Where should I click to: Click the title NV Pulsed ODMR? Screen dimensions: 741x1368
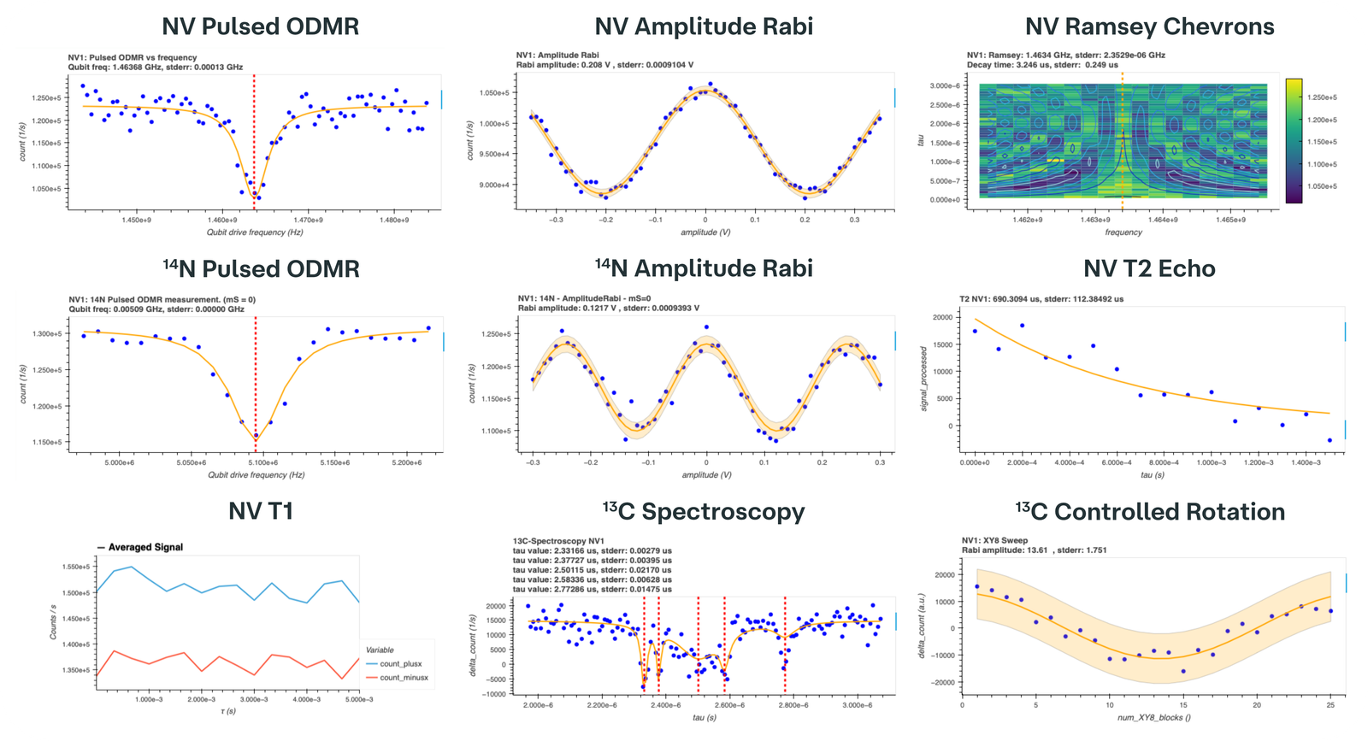(260, 26)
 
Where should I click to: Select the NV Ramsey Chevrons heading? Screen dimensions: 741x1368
(1149, 26)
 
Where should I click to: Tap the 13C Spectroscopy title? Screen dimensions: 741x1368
(704, 512)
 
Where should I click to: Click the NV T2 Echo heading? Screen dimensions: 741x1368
(1149, 269)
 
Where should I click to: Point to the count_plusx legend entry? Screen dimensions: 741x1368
(400, 664)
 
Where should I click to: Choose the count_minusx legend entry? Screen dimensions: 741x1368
(404, 678)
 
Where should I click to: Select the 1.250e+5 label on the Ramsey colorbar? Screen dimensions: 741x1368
(1322, 98)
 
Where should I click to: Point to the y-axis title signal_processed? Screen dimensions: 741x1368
(923, 379)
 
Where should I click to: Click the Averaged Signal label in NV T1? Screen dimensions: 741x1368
(145, 547)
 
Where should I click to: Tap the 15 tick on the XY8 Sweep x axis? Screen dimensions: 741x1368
(1183, 705)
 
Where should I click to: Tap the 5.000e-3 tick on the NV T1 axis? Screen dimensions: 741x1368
(359, 699)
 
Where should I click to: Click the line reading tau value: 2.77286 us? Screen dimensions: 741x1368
(592, 589)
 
